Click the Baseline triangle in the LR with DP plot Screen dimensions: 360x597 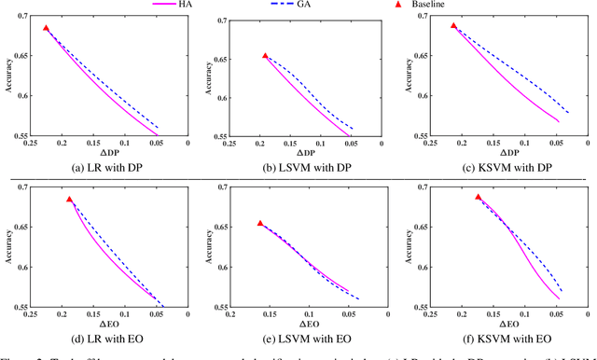tap(46, 28)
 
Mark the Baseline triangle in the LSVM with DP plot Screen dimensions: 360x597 tap(265, 56)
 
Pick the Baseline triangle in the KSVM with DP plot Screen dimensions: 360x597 tap(454, 25)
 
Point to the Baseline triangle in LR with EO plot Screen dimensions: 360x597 tap(69, 199)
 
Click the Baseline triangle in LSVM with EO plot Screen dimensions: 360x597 tap(260, 223)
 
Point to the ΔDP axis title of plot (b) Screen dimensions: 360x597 tap(298, 151)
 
